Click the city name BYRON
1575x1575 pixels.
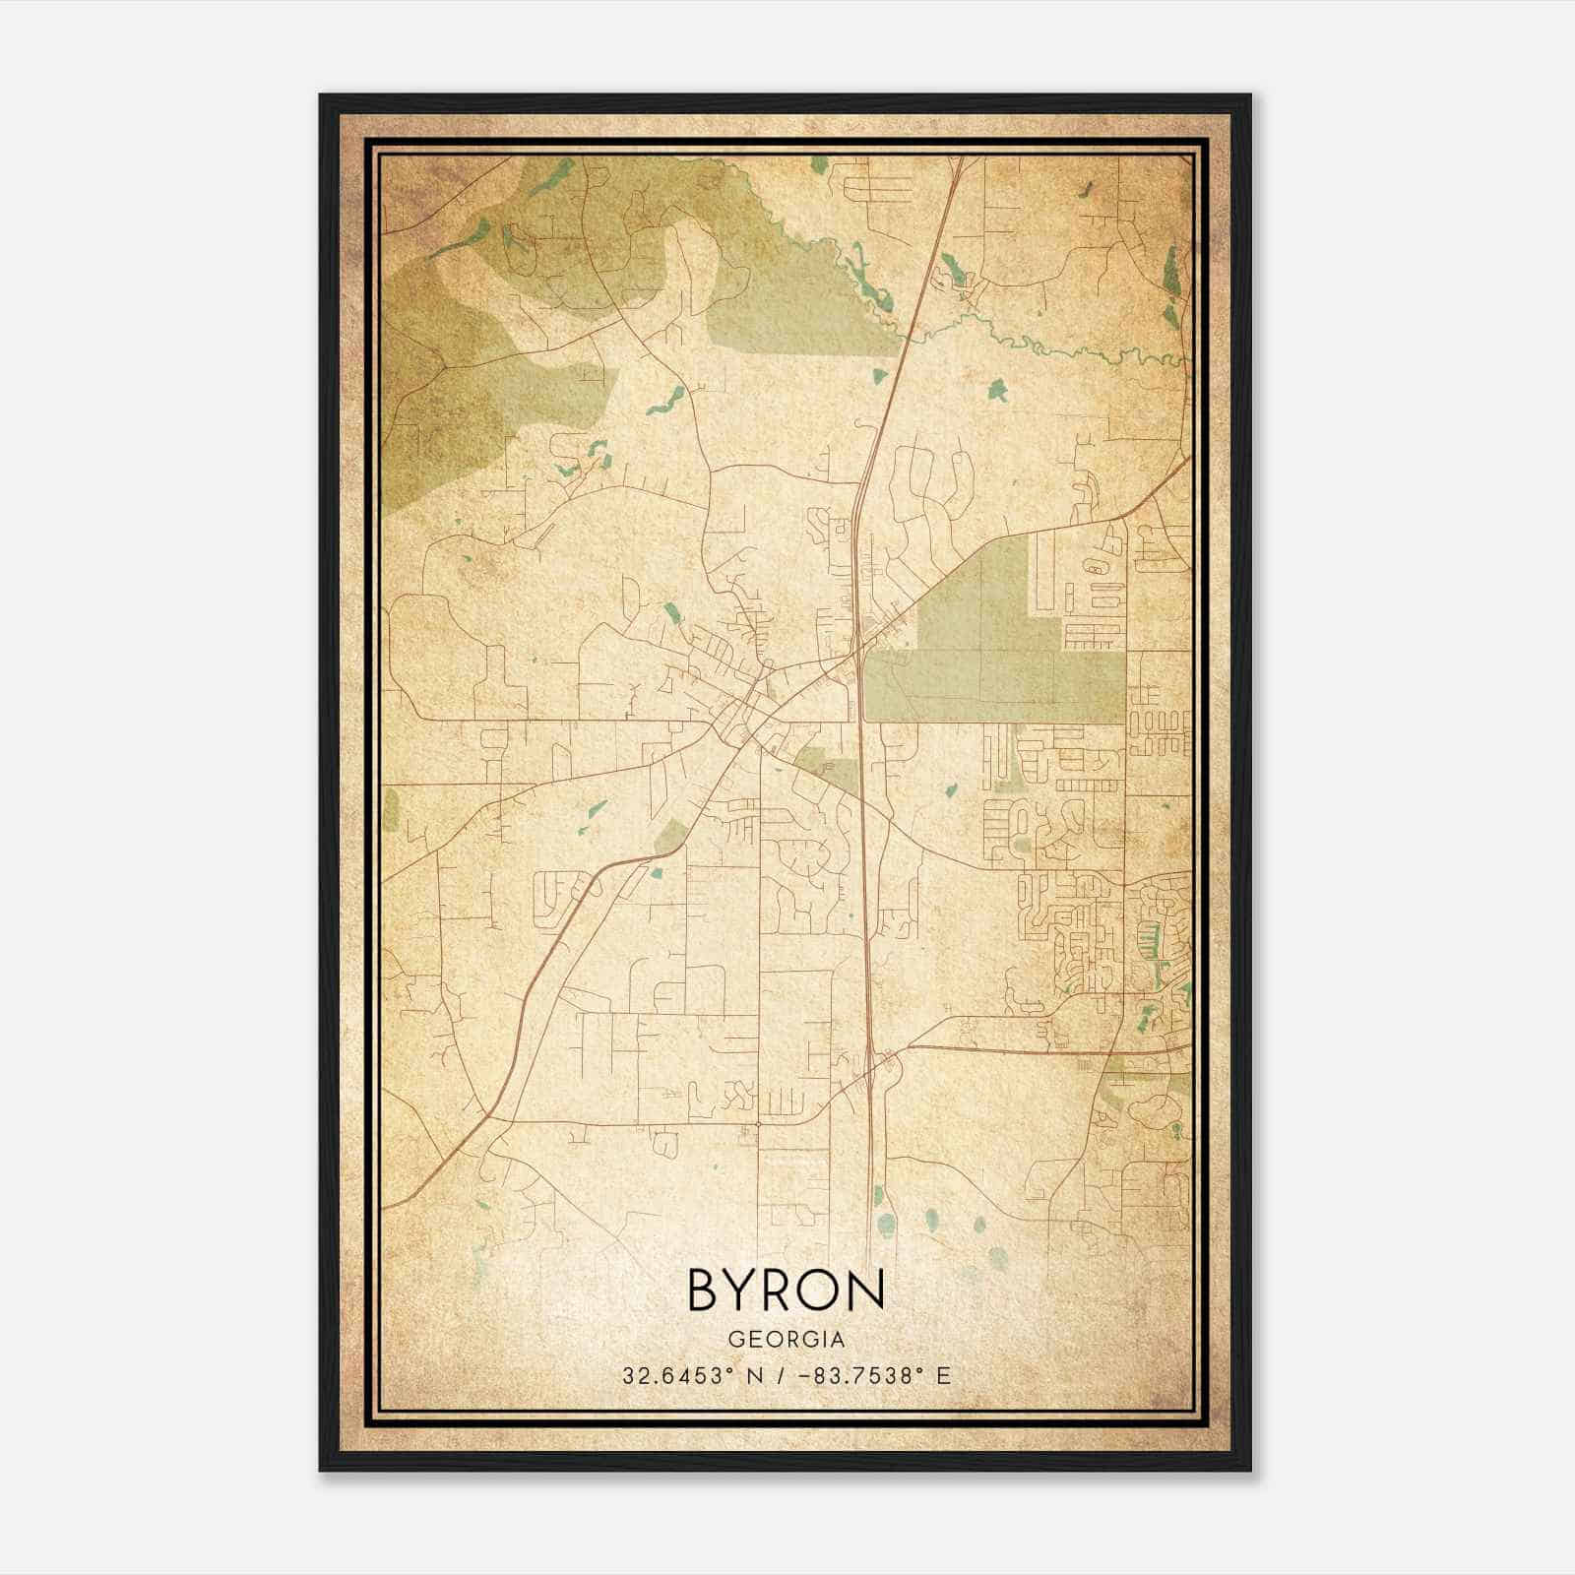pos(786,1290)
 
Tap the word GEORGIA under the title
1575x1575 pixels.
pos(786,1340)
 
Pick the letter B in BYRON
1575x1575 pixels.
pos(705,1290)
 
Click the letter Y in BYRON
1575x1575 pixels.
pos(744,1290)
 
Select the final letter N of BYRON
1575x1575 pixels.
pos(866,1290)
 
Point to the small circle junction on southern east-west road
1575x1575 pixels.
pos(759,1122)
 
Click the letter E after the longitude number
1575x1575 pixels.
pos(943,1375)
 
